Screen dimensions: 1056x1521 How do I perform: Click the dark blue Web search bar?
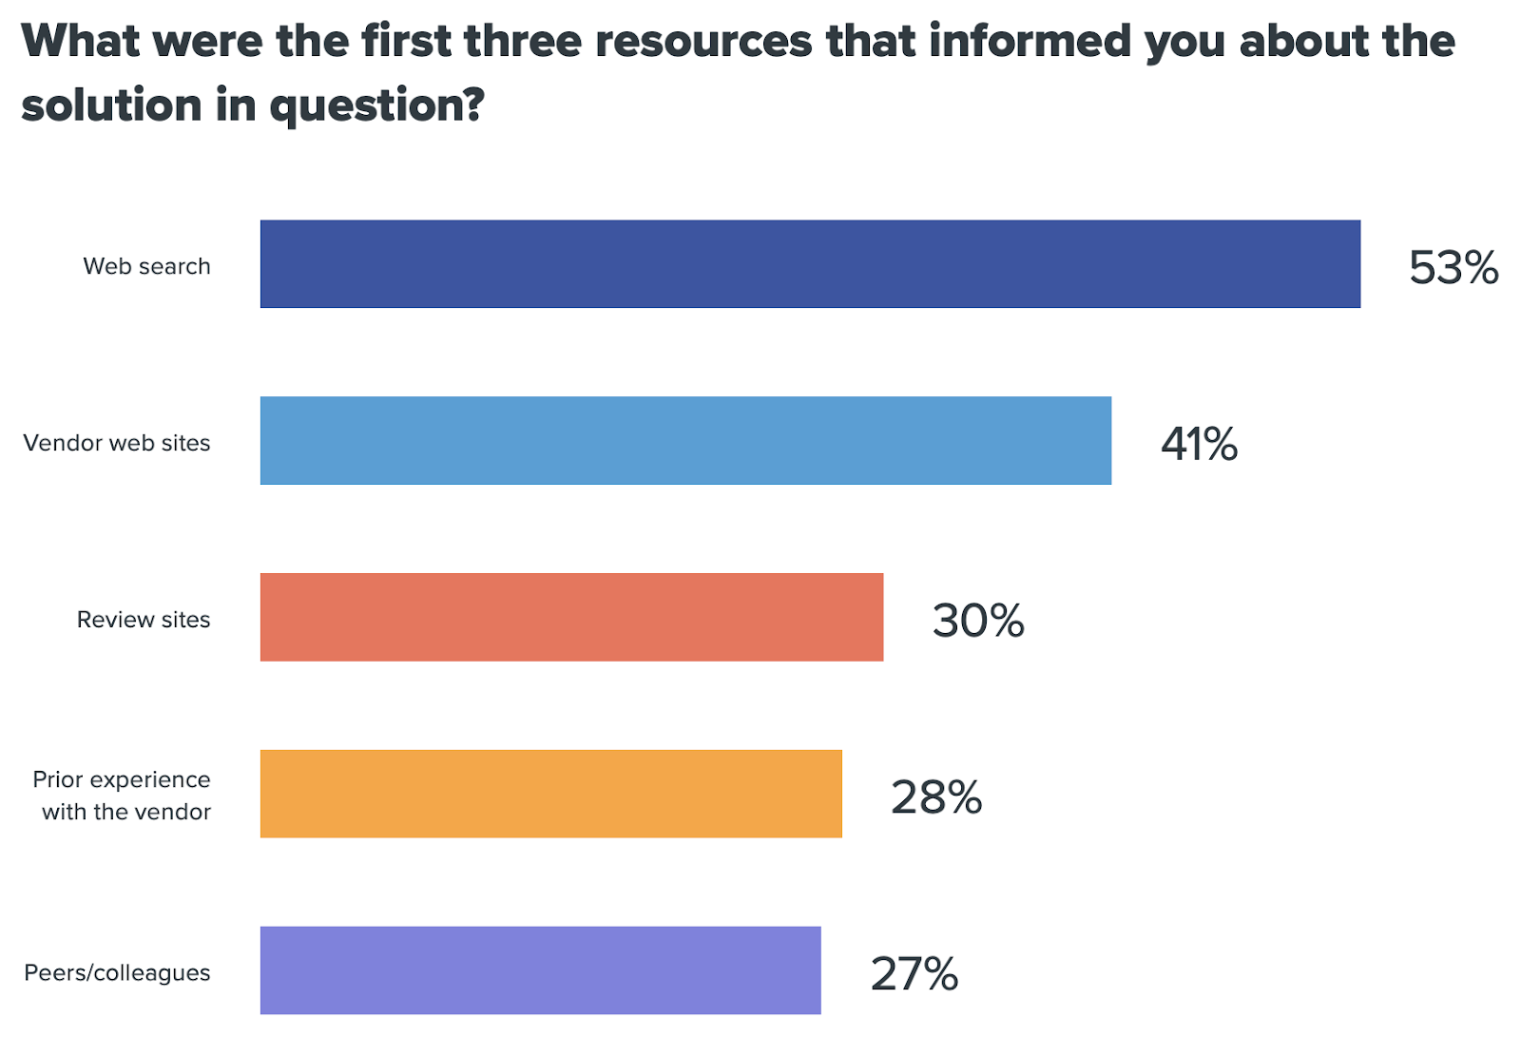pos(810,264)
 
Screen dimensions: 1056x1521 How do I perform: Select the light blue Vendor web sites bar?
pos(685,441)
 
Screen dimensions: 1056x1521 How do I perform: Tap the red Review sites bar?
pos(571,617)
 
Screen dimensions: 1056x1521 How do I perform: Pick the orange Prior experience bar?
pos(550,794)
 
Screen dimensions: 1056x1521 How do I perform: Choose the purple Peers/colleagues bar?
pos(540,970)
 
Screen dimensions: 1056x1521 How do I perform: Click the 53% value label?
pos(1453,268)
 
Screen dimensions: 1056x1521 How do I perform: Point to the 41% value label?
pos(1199,444)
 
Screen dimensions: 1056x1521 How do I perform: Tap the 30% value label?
pos(977,621)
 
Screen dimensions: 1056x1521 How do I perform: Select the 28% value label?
pos(935,797)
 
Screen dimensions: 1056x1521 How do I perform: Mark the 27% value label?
pos(914,974)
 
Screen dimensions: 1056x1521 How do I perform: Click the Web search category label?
pos(146,266)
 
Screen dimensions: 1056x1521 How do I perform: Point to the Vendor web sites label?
pos(117,443)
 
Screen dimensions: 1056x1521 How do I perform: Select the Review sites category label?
pos(144,620)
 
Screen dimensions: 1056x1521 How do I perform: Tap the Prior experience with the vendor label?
pos(123,796)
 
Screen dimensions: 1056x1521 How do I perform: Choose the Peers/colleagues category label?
pos(117,973)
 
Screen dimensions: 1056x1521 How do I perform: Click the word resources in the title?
pos(703,42)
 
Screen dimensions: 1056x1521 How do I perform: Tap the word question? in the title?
pos(377,106)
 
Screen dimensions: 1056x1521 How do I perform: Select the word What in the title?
pos(80,42)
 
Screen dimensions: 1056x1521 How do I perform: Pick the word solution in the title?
pos(111,105)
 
